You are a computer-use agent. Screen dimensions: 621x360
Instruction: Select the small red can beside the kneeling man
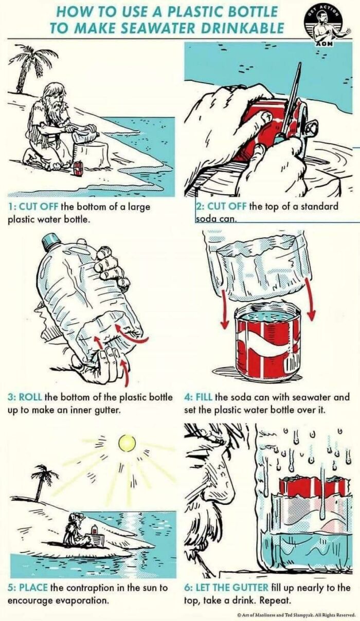pos(79,168)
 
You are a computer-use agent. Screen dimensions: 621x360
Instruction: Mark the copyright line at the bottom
pos(296,614)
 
